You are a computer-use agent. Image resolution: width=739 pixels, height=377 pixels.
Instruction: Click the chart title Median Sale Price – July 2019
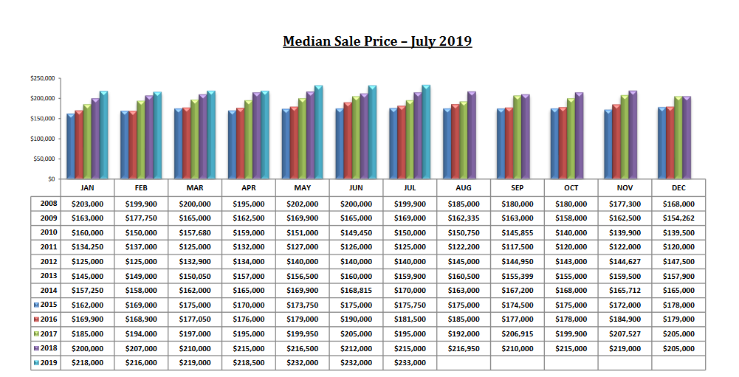[x=377, y=41]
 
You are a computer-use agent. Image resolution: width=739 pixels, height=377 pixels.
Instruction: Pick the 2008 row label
[x=49, y=204]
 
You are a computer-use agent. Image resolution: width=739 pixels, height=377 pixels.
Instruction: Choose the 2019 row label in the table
[x=49, y=362]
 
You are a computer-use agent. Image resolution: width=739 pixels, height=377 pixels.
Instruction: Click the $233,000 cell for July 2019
[x=410, y=362]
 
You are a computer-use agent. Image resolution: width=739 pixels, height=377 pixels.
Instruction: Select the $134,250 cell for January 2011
[x=87, y=246]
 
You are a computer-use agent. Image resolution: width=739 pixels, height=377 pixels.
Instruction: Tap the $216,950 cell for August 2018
[x=464, y=347]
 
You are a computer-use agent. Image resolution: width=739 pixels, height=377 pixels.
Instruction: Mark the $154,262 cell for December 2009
[x=678, y=218]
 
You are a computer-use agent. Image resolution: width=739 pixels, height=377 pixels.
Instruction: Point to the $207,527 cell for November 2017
[x=625, y=333]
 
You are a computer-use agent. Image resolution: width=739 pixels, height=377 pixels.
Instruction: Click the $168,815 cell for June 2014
[x=356, y=290]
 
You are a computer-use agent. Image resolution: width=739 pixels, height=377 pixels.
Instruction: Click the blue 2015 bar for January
[x=71, y=147]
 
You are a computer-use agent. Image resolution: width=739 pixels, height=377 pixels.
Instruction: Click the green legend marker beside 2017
[x=36, y=333]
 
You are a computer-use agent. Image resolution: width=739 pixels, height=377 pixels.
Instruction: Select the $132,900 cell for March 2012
[x=195, y=261]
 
